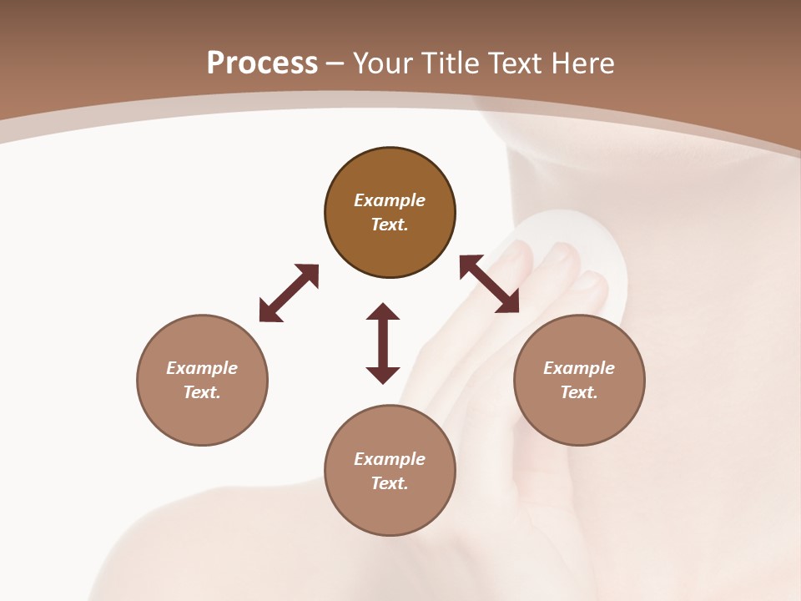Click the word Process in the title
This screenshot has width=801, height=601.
[x=262, y=63]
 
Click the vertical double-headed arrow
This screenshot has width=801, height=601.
[x=383, y=344]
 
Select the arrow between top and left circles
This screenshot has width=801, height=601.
[x=289, y=293]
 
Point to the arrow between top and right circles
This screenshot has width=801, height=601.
[x=490, y=284]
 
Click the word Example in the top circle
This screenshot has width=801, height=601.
[x=390, y=200]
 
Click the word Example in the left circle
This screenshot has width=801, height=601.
[x=202, y=368]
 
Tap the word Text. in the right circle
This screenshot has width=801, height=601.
[x=579, y=392]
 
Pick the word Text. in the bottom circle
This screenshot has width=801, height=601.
[x=390, y=483]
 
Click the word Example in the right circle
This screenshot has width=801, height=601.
[x=579, y=368]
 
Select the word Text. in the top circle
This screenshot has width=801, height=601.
[x=390, y=225]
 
